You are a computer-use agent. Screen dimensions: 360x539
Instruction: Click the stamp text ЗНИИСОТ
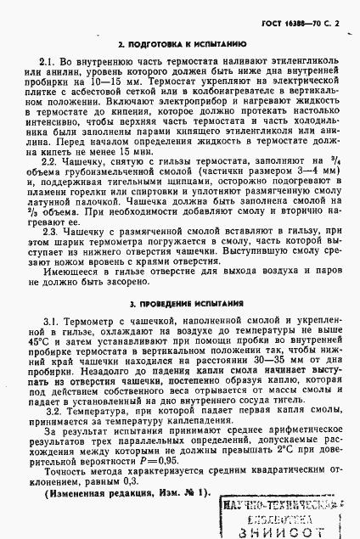click(x=289, y=531)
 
